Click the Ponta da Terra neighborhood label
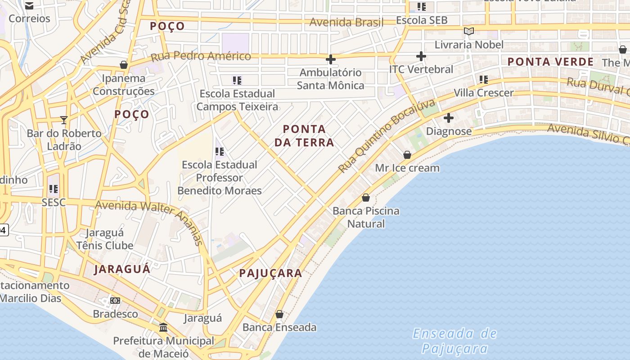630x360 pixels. tap(308, 136)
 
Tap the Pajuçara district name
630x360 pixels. tap(270, 273)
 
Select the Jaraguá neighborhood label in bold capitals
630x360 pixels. tap(122, 269)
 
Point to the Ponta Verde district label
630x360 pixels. tap(551, 62)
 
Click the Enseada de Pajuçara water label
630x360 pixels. tap(455, 341)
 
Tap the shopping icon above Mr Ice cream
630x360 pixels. tap(407, 155)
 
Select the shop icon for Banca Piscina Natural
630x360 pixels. tap(366, 198)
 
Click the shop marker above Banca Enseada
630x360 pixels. tap(279, 314)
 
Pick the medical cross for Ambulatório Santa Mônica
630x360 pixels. tap(331, 59)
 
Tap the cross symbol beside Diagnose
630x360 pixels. tap(449, 118)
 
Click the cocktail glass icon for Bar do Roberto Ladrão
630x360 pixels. tap(64, 120)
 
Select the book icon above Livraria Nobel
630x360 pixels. tap(469, 31)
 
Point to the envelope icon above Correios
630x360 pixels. tap(29, 6)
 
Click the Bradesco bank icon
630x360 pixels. tap(115, 301)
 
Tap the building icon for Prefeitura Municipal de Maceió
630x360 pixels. tap(163, 327)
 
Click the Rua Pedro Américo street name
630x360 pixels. tap(201, 56)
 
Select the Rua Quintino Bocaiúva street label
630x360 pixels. tap(387, 136)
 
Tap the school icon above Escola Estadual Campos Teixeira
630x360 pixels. tap(237, 81)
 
